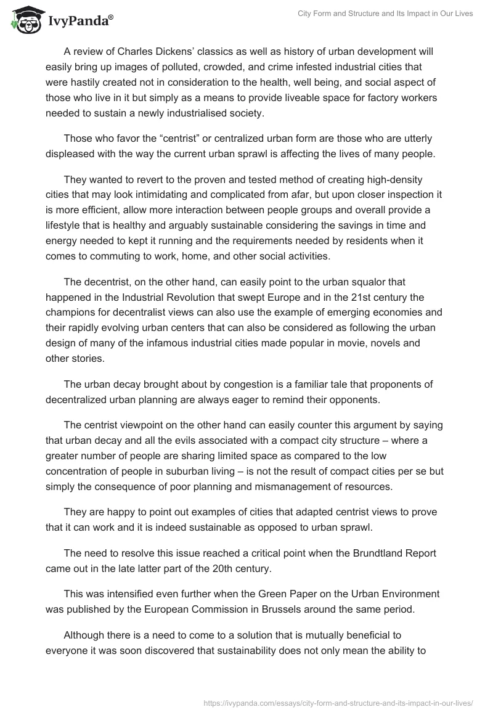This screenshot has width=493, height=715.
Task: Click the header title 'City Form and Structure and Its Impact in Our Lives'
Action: coord(385,14)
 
